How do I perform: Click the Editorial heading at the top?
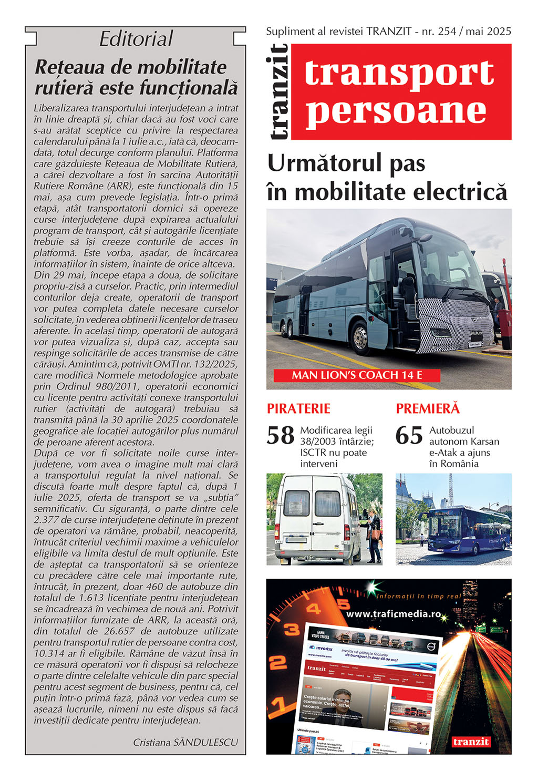[136, 39]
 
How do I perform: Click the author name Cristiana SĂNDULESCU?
[185, 742]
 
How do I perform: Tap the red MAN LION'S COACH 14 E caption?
[357, 375]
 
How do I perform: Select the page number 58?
[281, 436]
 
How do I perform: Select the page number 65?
[409, 436]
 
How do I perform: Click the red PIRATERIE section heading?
[298, 408]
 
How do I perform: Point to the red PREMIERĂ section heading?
[428, 408]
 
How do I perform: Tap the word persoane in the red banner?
[396, 111]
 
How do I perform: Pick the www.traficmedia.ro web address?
[394, 614]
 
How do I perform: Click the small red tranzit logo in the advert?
[471, 742]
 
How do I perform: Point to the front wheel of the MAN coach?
[361, 337]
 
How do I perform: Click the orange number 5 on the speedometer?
[343, 604]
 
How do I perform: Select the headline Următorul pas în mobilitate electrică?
[387, 177]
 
